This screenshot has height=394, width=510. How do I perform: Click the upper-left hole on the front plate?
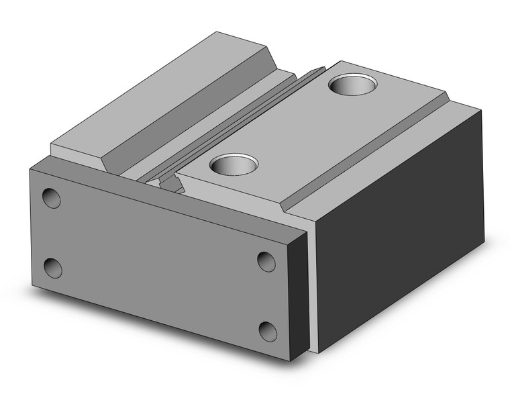(x=51, y=198)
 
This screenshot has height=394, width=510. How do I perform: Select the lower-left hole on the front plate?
(x=52, y=268)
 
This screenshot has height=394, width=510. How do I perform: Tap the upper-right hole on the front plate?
(x=266, y=261)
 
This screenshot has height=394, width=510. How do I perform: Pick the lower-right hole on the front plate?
(x=268, y=331)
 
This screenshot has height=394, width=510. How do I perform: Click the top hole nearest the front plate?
(x=234, y=164)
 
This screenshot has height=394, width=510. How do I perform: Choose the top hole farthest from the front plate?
(x=352, y=85)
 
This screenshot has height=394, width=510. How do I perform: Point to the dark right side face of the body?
(x=403, y=228)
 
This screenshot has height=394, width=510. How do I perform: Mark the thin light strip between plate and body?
(x=313, y=289)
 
